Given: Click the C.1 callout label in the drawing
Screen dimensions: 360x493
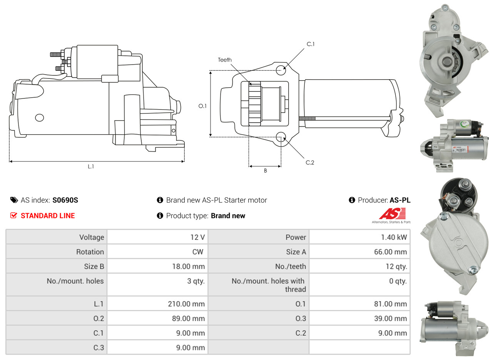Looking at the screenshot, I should pyautogui.click(x=311, y=44).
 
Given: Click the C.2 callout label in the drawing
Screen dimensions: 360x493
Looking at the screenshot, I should pyautogui.click(x=310, y=163).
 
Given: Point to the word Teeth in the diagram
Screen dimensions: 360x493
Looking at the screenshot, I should pyautogui.click(x=225, y=60).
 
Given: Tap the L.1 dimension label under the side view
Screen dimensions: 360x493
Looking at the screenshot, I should pyautogui.click(x=91, y=167).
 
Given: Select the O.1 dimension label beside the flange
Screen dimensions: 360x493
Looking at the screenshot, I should pyautogui.click(x=202, y=106).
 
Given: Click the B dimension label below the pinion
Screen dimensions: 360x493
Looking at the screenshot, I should pyautogui.click(x=265, y=171).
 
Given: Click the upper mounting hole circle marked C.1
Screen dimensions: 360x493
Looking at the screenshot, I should pyautogui.click(x=281, y=70).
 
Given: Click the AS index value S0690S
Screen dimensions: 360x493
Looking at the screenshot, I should pyautogui.click(x=65, y=200).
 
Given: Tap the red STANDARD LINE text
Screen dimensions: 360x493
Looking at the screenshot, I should pyautogui.click(x=48, y=216).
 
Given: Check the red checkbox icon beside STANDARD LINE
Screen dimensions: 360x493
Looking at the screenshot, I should pyautogui.click(x=13, y=216).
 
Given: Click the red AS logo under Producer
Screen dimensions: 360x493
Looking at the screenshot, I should pyautogui.click(x=392, y=214).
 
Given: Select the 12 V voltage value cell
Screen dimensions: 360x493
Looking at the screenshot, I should pyautogui.click(x=197, y=237).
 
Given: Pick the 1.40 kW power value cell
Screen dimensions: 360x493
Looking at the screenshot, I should pyautogui.click(x=394, y=237).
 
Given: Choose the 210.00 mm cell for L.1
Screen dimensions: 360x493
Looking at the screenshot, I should pyautogui.click(x=186, y=304).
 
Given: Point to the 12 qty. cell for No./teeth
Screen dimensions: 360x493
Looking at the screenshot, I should pyautogui.click(x=396, y=267).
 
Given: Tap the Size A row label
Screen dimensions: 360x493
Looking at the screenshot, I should pyautogui.click(x=296, y=252).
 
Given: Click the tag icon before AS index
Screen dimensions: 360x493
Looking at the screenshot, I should pyautogui.click(x=14, y=200).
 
